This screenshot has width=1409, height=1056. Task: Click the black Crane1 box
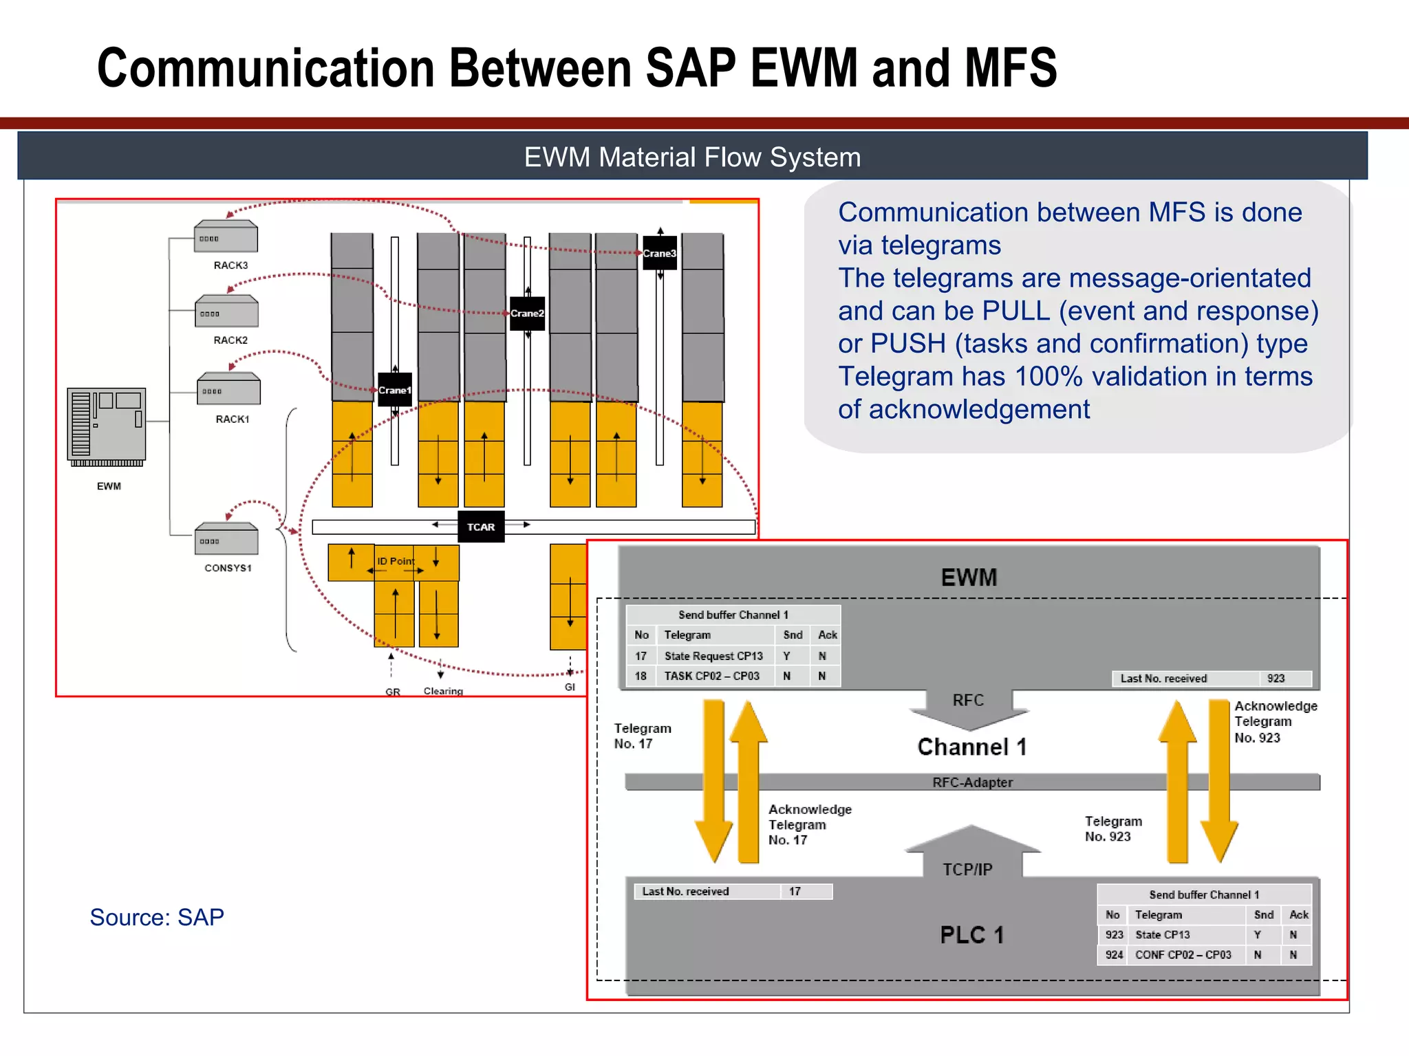click(x=395, y=390)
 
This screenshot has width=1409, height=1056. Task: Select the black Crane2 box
click(x=527, y=313)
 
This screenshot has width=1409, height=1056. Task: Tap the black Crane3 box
click(x=659, y=253)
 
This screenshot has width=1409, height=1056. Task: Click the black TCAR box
click(x=481, y=527)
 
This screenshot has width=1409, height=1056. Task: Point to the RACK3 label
click(x=230, y=265)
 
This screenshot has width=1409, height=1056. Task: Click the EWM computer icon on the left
click(x=107, y=426)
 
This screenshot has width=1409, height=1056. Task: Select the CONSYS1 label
click(x=228, y=568)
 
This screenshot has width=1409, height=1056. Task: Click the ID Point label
click(x=396, y=561)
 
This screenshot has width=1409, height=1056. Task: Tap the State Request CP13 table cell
click(x=713, y=656)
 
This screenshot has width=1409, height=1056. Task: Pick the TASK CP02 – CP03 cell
click(x=711, y=676)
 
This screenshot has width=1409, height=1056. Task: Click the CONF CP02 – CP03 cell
click(x=1183, y=955)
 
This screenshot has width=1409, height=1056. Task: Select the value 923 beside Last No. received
click(x=1276, y=679)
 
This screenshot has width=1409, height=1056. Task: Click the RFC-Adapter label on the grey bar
click(x=972, y=782)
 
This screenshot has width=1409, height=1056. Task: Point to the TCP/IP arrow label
click(x=967, y=870)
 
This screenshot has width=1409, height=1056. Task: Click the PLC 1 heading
click(x=971, y=935)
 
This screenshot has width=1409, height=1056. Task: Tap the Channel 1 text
click(x=971, y=747)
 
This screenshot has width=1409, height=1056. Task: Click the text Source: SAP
click(x=157, y=917)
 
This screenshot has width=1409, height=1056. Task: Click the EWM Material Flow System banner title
click(x=692, y=157)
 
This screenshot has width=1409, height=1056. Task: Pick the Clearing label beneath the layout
click(x=443, y=691)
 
